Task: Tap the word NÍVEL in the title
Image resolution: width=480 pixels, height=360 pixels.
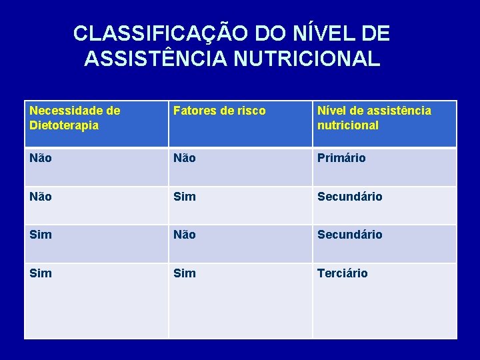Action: tap(317, 33)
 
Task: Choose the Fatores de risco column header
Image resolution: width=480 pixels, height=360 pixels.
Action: tap(219, 111)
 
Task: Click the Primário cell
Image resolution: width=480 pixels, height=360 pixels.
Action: tap(341, 159)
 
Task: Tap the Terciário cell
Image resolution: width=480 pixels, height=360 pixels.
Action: tap(342, 273)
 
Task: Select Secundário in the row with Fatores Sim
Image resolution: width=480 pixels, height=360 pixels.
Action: tap(349, 197)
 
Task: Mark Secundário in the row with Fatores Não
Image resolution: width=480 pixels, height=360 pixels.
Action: tap(349, 235)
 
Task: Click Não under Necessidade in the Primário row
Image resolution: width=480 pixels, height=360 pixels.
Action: tap(41, 159)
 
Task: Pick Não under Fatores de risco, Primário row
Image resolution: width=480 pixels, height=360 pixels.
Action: tap(185, 159)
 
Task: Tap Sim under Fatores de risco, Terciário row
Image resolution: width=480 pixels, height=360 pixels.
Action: tap(184, 273)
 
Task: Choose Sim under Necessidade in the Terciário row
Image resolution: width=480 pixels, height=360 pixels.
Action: tap(40, 273)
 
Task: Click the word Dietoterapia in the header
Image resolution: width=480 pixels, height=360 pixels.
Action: tap(64, 125)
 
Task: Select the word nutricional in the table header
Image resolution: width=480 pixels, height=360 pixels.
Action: tap(347, 125)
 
